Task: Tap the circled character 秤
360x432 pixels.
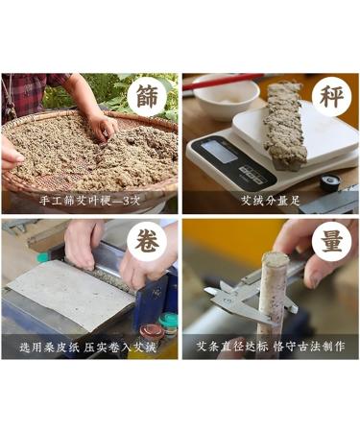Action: click(328, 97)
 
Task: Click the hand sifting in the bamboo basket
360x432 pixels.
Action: click(101, 125)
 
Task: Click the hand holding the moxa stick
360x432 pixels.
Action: click(298, 259)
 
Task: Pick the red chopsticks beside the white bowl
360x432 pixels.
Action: click(221, 81)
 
